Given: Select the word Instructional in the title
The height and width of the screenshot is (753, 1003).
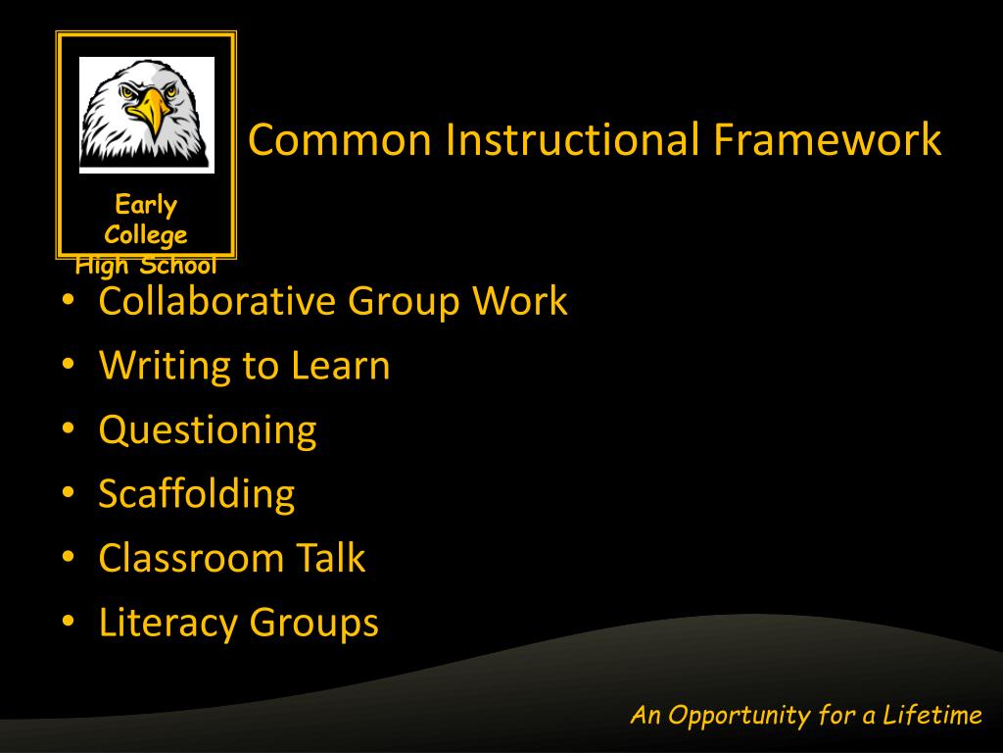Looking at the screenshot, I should [x=572, y=139].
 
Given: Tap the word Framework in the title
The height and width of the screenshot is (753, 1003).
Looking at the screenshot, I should [x=827, y=139].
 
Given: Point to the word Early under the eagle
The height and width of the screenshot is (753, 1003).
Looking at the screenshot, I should [x=146, y=205].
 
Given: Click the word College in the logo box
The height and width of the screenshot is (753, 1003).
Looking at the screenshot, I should [x=146, y=235].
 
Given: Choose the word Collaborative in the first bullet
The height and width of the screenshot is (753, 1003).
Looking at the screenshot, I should [x=216, y=301].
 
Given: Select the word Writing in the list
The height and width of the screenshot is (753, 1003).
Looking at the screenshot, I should [x=164, y=366].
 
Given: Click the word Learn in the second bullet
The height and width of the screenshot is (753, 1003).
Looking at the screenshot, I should [x=340, y=366].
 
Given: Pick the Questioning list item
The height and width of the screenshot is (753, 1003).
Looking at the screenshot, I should [x=208, y=430].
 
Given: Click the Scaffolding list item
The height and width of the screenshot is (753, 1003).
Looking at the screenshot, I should [x=196, y=494].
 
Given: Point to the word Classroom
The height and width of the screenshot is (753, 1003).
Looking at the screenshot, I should [x=190, y=559].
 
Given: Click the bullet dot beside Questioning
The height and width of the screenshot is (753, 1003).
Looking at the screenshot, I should [x=68, y=429].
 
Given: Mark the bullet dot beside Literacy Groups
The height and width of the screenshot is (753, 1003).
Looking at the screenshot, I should [x=68, y=622].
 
